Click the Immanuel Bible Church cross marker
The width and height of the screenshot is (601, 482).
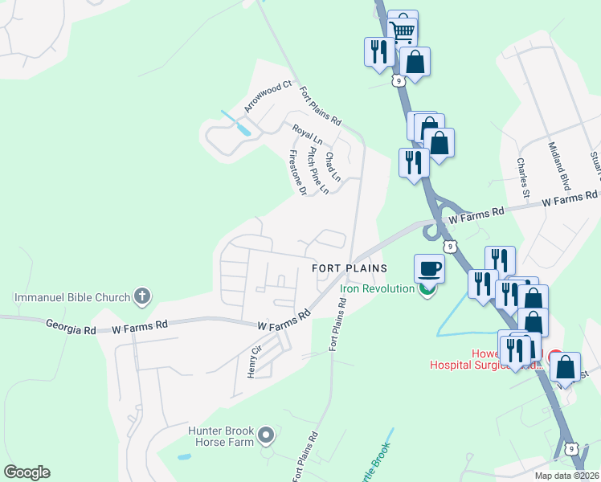142,296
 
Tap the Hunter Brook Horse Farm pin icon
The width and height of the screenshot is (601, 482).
267,436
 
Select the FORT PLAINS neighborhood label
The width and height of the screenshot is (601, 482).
350,268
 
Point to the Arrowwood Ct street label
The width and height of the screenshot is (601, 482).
268,96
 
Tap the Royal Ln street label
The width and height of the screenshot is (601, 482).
307,133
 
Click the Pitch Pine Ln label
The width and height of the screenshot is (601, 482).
313,169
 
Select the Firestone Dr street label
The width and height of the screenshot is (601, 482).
297,172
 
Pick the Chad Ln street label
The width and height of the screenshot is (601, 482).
333,165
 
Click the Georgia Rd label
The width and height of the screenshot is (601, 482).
71,328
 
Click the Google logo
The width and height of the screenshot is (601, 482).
27,472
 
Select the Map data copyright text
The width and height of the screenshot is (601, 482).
566,475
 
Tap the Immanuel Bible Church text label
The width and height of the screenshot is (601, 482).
72,297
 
